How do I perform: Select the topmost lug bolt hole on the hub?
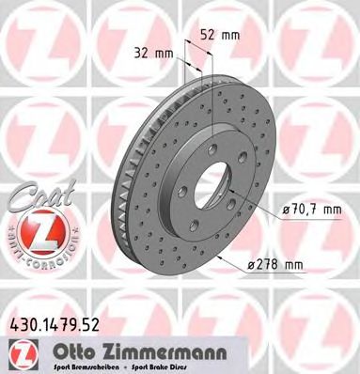216,142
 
